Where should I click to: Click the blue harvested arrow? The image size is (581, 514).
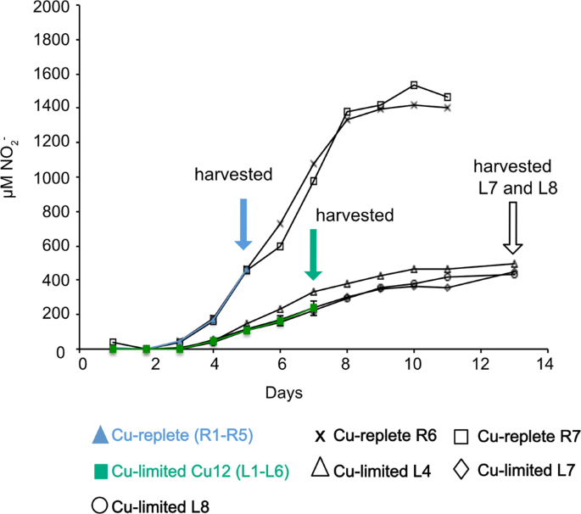243,223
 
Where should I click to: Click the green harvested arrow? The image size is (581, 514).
313,254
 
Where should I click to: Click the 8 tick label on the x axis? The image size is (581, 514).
348,364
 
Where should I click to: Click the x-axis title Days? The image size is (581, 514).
280,394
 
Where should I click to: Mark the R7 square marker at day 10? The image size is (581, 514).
414,85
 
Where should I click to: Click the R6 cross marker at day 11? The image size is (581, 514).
447,108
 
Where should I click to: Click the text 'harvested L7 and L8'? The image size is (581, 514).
512,176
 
